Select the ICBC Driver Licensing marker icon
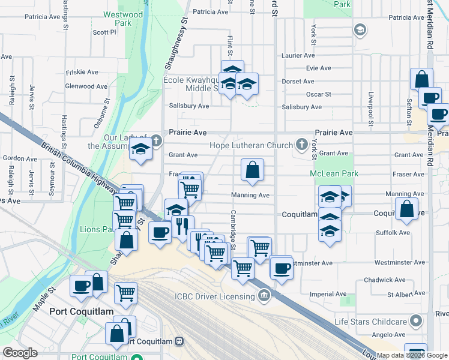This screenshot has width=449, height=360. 264,295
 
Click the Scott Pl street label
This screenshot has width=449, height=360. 104,32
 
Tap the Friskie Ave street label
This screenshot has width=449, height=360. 82,71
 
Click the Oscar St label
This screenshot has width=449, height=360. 319,94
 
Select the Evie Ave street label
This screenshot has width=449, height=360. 319,68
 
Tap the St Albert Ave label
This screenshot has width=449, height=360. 399,295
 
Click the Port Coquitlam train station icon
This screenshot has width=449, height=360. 179,341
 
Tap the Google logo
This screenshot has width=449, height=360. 20,353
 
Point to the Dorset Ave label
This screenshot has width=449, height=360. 298,81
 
